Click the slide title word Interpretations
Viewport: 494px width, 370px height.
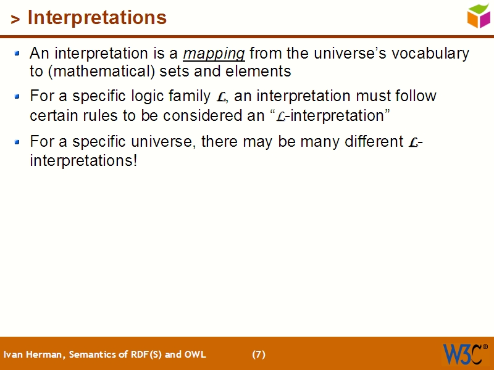point(97,18)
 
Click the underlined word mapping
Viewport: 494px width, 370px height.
point(214,54)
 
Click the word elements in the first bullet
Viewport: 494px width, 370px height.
point(259,72)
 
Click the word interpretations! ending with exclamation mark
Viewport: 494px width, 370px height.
point(83,160)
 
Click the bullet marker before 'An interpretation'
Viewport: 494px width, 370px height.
point(18,54)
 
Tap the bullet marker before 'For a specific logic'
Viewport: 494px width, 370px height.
point(18,96)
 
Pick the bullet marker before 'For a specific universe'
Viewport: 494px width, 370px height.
point(18,142)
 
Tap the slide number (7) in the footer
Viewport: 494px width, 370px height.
point(259,355)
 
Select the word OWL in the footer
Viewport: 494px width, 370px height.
point(196,355)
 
